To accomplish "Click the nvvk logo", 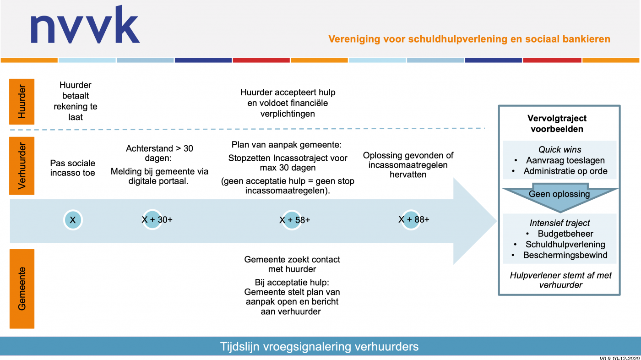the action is pos(85,25).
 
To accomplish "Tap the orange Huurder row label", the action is pos(22,102).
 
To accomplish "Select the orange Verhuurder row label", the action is pos(22,166).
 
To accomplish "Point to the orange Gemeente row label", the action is pos(22,289).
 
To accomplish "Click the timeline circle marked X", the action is pos(73,220).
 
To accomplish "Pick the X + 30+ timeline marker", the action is pos(157,219).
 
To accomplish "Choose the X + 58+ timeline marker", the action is pos(294,220).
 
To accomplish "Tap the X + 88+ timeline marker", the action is pos(413,219).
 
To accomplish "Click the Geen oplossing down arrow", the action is pos(560,197).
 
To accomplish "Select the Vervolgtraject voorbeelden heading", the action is pos(557,124).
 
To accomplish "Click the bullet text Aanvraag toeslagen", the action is pos(565,160).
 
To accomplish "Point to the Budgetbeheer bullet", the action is pos(565,234).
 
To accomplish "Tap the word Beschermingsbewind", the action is pos(565,255).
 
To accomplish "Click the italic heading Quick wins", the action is pos(560,149).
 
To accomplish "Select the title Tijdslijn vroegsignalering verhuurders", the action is pos(319,347).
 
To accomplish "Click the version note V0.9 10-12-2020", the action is pos(620,358).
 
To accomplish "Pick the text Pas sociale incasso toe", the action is pos(73,168).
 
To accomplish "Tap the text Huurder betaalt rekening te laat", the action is pos(75,101).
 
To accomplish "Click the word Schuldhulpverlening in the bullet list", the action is pos(565,245).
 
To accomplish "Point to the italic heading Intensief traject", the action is pos(560,223).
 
